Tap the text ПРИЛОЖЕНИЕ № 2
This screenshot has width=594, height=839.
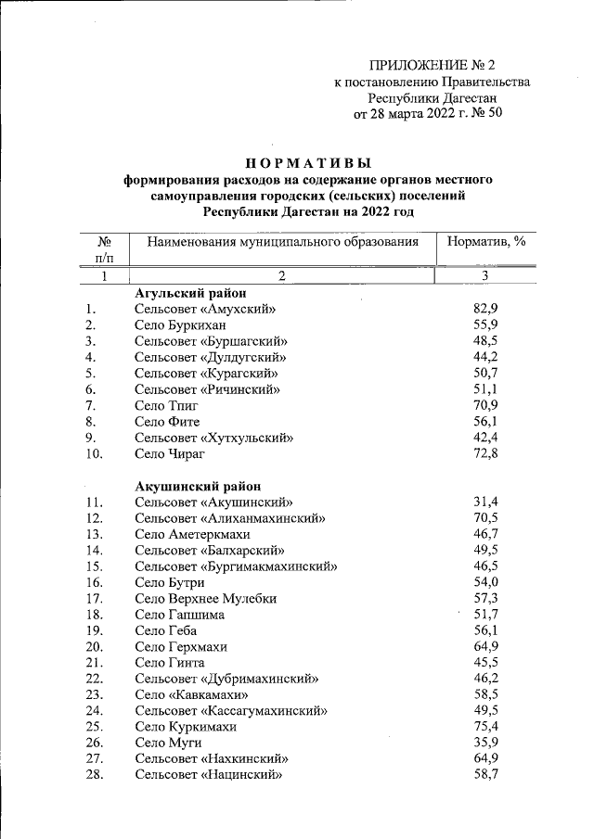click(433, 65)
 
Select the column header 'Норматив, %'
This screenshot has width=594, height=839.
click(486, 241)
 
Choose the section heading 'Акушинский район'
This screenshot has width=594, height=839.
click(198, 486)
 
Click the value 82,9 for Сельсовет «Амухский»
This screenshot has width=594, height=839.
click(486, 309)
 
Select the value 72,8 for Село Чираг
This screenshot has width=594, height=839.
click(486, 453)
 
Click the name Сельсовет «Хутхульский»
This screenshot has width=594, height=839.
click(214, 438)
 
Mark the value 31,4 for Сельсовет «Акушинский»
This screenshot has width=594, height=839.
click(486, 502)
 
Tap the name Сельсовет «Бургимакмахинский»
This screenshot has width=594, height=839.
click(236, 566)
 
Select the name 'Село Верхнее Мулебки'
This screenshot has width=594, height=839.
click(206, 598)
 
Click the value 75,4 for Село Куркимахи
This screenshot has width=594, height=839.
click(486, 726)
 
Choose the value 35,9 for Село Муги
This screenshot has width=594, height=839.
click(486, 743)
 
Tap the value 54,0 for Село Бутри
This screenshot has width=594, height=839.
click(486, 582)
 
